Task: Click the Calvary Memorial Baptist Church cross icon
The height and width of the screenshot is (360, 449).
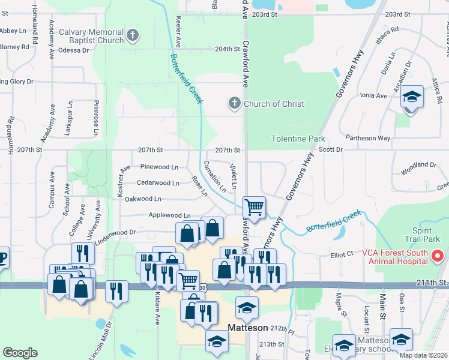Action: pos(133,36)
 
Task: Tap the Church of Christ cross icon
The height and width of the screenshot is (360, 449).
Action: pos(235,104)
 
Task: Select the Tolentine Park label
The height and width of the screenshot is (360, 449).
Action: pos(298,139)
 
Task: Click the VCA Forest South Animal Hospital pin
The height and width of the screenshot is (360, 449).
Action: pos(437,257)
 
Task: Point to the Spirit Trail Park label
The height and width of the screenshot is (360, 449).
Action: pos(429,235)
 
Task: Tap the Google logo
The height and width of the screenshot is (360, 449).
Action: pos(20,353)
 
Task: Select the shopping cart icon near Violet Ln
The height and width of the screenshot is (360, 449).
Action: pos(255,208)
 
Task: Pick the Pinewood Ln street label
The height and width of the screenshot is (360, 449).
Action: pos(159,166)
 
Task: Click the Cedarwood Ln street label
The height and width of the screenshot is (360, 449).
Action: pos(158,182)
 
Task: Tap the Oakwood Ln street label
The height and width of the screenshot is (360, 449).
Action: pos(143,199)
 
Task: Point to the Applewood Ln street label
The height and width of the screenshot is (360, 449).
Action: pos(170,215)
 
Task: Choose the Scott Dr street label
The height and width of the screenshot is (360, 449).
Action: pos(331,149)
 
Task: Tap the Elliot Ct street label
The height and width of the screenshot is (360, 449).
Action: pos(342,255)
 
